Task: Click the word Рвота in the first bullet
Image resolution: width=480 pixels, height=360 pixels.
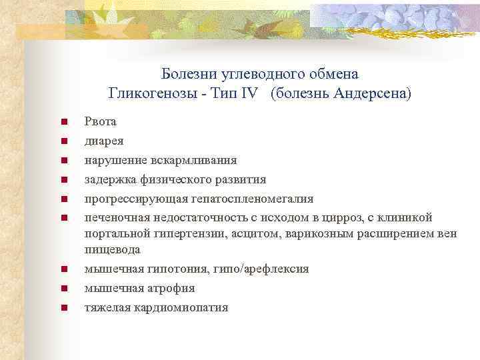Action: coord(100,121)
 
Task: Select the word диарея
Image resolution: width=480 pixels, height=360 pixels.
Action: coord(103,141)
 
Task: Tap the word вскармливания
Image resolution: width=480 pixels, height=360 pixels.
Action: coord(198,160)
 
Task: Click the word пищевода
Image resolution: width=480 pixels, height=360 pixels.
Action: coord(112,249)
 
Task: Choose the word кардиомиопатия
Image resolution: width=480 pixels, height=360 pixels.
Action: coord(175,307)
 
